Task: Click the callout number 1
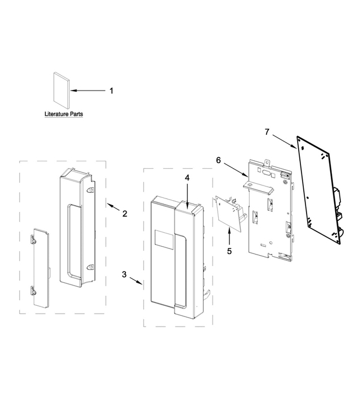(111, 91)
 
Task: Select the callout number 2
(124, 213)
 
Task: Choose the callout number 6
(218, 160)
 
